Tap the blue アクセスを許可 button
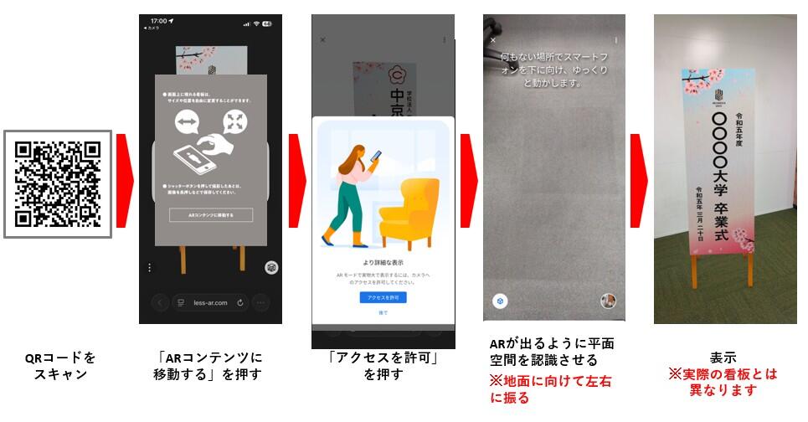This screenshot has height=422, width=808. click(x=383, y=297)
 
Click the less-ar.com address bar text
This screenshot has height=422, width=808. click(x=209, y=302)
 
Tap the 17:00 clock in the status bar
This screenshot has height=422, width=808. click(x=157, y=20)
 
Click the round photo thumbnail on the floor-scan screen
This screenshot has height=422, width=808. click(x=610, y=301)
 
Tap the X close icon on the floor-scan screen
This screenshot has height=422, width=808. click(x=493, y=39)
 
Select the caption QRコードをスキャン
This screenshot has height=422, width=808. click(x=59, y=366)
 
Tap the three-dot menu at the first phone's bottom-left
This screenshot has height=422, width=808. click(x=150, y=267)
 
